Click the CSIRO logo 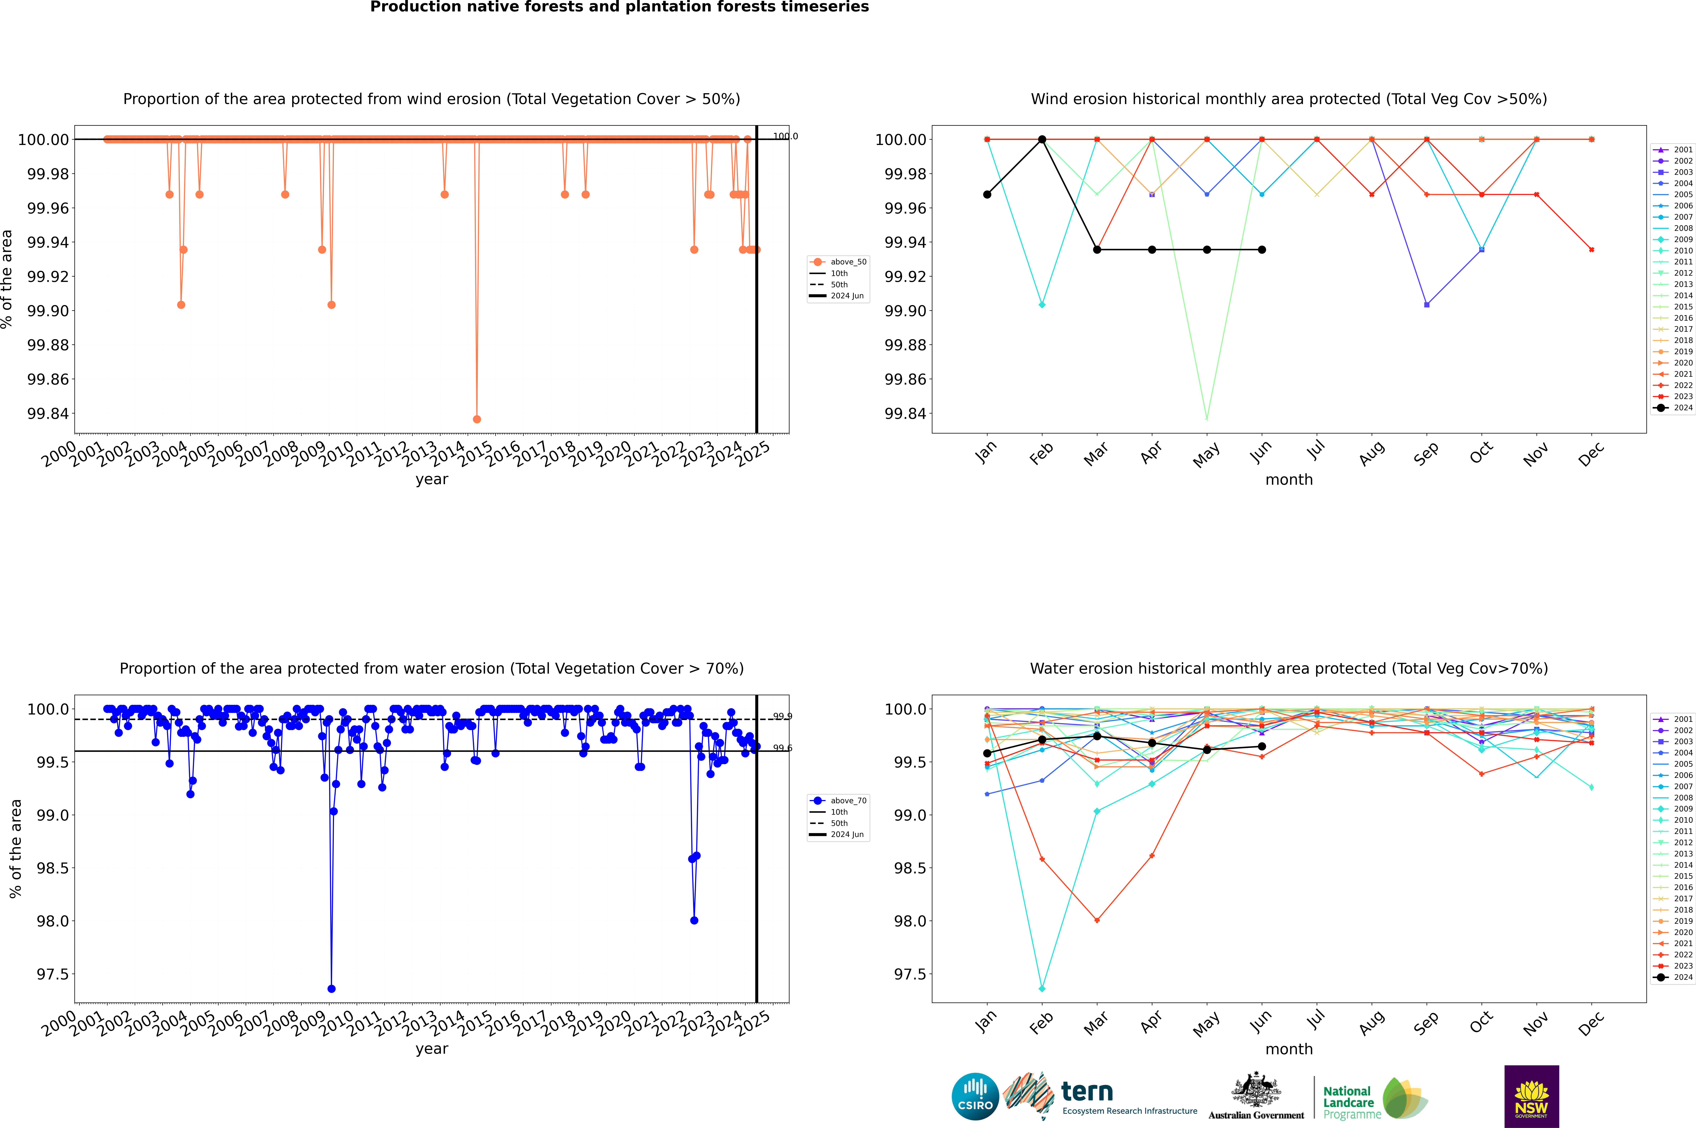[975, 1096]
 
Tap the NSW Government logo [1531, 1096]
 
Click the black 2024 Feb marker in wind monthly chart [1042, 140]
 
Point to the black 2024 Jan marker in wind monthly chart [987, 194]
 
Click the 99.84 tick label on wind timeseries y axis [48, 414]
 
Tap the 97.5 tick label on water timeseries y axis [52, 974]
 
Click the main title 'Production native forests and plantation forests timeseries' [619, 7]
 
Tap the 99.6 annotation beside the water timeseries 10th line [782, 748]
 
